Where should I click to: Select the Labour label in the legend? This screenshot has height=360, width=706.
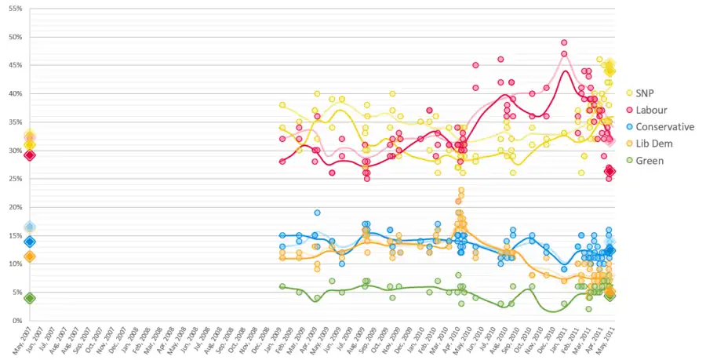653,110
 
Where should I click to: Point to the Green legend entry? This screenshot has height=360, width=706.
650,160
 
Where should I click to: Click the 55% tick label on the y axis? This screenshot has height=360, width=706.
14,9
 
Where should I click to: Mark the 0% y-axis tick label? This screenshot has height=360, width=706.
16,321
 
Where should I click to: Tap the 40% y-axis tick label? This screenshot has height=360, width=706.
14,93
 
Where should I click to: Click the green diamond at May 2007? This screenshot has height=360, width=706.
30,298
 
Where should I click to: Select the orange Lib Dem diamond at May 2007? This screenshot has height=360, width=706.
30,256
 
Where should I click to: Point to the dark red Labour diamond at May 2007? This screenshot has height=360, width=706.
30,155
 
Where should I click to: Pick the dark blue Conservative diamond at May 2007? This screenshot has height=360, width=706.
30,242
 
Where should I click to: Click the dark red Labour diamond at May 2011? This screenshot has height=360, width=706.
610,171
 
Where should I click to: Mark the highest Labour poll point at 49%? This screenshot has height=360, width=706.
564,42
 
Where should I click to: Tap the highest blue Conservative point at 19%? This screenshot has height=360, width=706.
317,213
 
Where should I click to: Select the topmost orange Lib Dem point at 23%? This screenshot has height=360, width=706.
461,190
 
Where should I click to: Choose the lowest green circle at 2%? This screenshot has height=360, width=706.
588,309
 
